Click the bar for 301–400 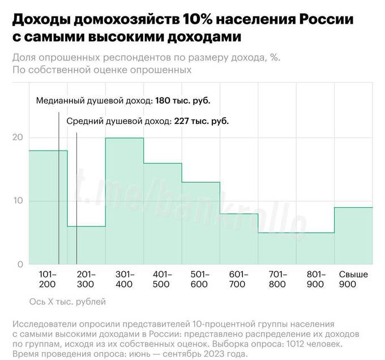125,201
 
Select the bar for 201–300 86,245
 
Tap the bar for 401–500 162,213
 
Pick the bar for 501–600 200,223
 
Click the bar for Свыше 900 353,235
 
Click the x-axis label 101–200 48,279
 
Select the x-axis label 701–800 277,279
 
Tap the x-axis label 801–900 315,279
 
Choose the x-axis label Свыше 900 353,279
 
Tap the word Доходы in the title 38,20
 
